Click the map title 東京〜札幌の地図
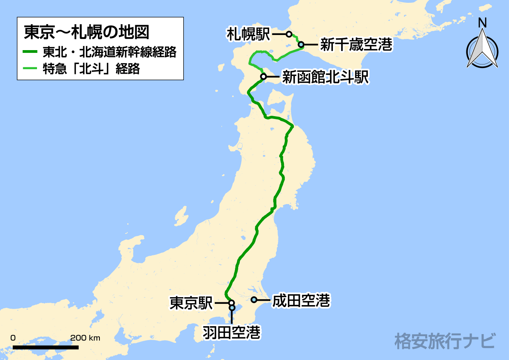point(86,32)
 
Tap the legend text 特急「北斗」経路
point(91,69)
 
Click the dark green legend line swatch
point(30,52)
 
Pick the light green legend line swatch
point(30,69)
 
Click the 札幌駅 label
point(248,34)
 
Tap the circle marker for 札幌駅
point(289,34)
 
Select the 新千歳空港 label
point(356,45)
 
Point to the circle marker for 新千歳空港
point(301,45)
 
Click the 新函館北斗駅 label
point(325,77)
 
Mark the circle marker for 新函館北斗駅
point(263,76)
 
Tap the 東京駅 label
point(191,303)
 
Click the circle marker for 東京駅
point(231,303)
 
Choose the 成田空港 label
point(301,300)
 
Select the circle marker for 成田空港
point(254,300)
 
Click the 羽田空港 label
point(231,332)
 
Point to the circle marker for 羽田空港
point(232,307)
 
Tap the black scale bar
point(46,347)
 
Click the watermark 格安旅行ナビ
point(445,341)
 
